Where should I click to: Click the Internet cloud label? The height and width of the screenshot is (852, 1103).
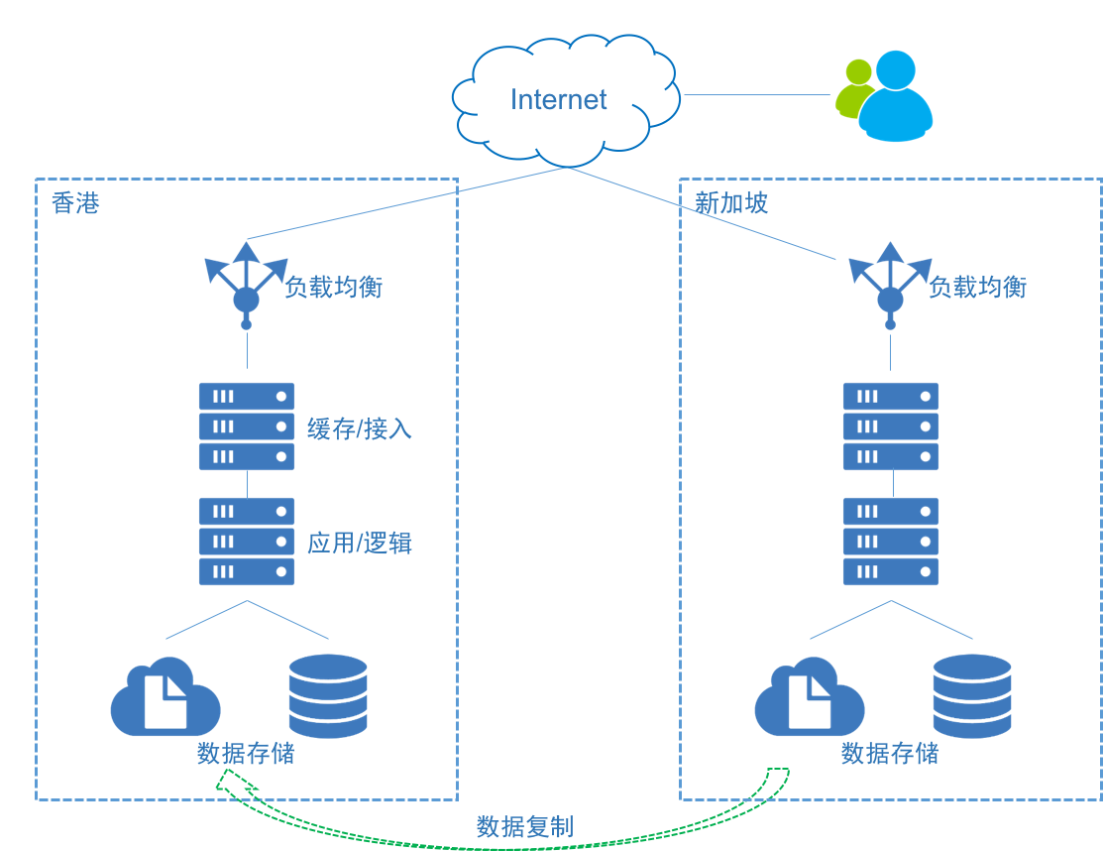point(558,99)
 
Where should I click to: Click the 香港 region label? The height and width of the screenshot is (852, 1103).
point(75,204)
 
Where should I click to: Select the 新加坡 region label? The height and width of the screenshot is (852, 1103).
point(731,203)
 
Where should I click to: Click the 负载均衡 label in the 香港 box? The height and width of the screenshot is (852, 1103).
point(333,288)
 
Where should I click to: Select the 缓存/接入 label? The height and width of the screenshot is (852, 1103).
point(359,428)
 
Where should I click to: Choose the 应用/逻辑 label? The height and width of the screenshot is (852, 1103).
point(359,544)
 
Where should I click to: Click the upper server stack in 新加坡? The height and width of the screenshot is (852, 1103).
point(890,426)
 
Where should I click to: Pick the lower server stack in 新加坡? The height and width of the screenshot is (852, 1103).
point(890,542)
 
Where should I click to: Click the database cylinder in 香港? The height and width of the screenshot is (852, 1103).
point(328,696)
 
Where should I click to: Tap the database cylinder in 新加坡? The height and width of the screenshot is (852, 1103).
point(972,696)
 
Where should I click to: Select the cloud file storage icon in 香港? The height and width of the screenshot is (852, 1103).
point(165,698)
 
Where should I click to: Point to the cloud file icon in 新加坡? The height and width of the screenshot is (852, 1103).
point(809,698)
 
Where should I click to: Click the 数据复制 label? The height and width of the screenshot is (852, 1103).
point(524,827)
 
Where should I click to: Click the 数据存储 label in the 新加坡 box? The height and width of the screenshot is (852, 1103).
point(890,754)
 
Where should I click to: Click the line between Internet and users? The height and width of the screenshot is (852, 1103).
point(756,95)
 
